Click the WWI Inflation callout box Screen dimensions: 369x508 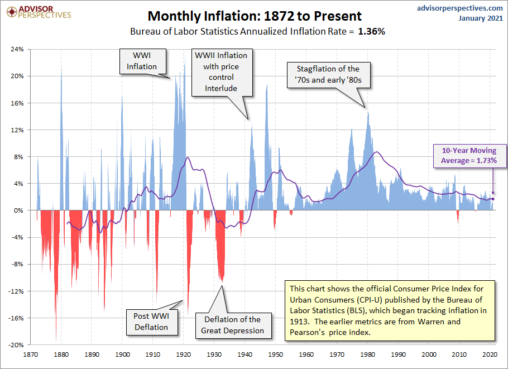point(142,61)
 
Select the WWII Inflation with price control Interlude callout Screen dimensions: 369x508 point(220,71)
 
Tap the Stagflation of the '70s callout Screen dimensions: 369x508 point(329,75)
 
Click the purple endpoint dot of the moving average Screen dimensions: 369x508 point(493,199)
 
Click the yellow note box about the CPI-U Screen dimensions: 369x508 point(390,310)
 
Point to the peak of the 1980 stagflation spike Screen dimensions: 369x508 point(368,112)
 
